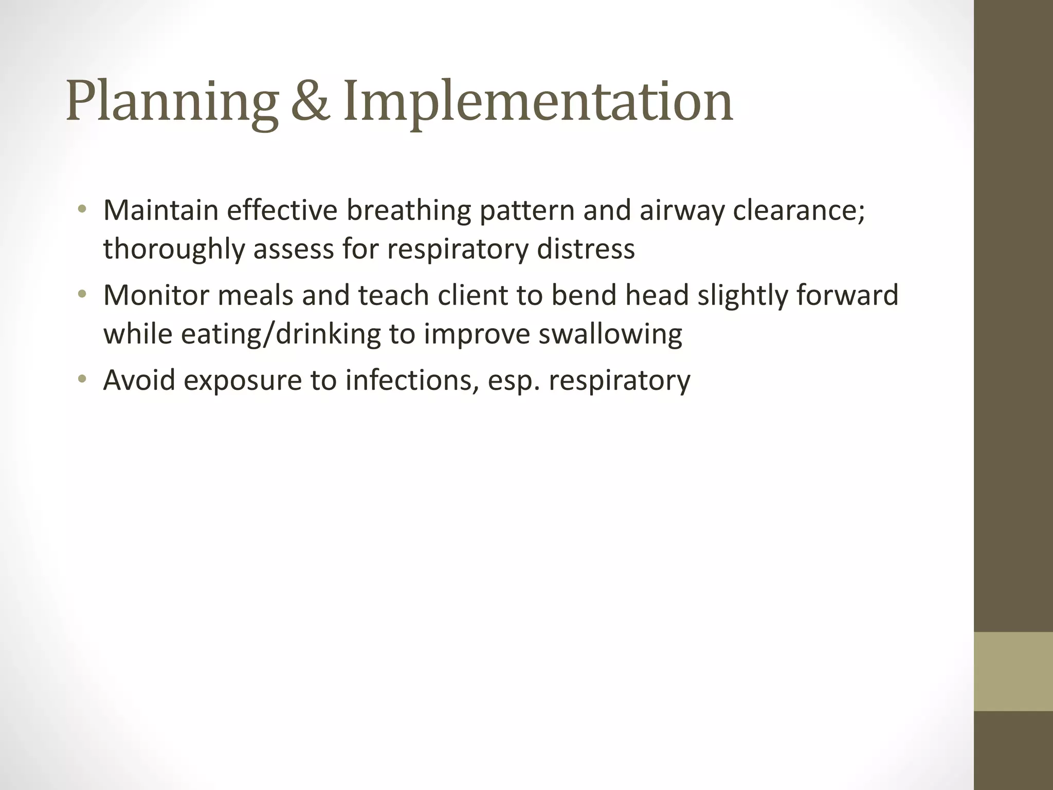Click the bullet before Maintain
[81, 209]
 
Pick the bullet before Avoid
[81, 380]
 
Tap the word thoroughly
[173, 249]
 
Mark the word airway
[682, 211]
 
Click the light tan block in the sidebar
[1013, 671]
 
